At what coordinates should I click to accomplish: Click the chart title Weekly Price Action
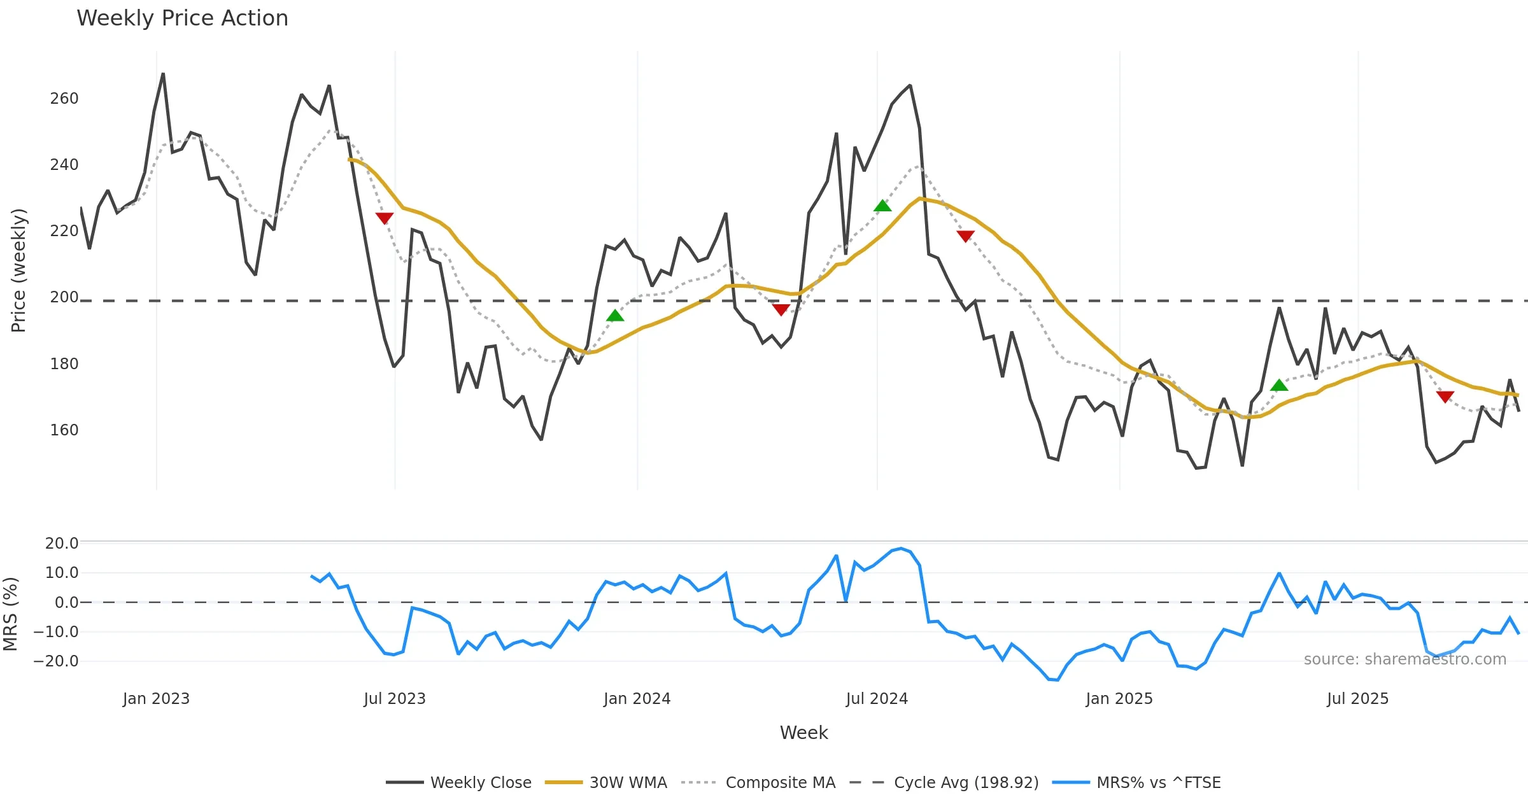coord(182,18)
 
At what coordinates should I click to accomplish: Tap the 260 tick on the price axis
coord(64,99)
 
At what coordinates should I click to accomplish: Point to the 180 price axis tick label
coord(64,364)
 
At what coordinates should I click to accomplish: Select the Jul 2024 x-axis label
coord(877,699)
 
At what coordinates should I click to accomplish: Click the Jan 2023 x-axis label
coord(156,699)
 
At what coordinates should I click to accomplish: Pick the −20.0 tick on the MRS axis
coord(56,661)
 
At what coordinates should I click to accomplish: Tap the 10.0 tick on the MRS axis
coord(62,573)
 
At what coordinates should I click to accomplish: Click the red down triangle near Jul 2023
coord(385,218)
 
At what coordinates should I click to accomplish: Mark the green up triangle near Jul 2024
coord(882,206)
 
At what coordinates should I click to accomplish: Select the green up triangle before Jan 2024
coord(615,315)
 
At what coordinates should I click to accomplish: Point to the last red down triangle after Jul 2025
coord(1445,397)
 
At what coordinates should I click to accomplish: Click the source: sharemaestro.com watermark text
coord(1404,659)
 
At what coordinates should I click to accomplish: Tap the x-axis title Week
coord(803,733)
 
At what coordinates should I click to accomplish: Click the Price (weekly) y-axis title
coord(19,270)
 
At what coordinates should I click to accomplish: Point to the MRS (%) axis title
coord(10,614)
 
